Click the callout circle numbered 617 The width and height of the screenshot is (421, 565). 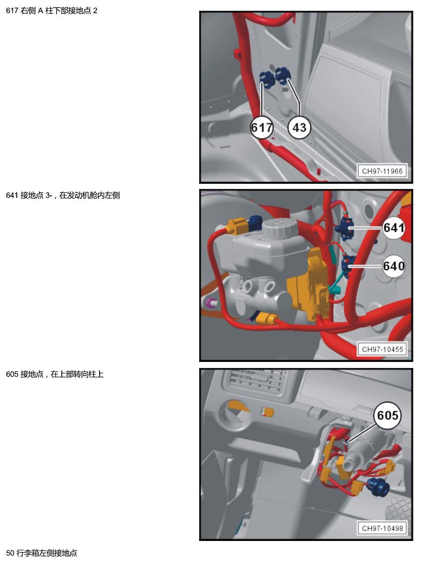coord(261,128)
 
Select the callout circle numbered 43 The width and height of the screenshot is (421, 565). coord(299,128)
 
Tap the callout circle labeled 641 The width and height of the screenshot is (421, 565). coord(394,228)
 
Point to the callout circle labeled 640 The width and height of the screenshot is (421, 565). coord(394,266)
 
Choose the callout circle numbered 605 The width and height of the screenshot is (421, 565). coord(387,415)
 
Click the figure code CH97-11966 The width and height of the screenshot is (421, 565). coord(382,171)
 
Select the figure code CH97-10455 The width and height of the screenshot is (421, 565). coord(382,349)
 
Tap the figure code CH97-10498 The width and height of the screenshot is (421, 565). coord(382,528)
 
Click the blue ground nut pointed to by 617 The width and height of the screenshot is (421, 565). coord(267,80)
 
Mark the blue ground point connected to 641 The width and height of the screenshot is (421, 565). coord(345,228)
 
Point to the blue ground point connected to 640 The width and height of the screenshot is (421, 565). coord(348,265)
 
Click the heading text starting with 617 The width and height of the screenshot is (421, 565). coord(51,11)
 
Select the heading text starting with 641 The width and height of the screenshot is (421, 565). coord(63,195)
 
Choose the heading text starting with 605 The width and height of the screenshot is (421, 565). coord(55,374)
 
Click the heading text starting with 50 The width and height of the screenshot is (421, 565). coord(41,553)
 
